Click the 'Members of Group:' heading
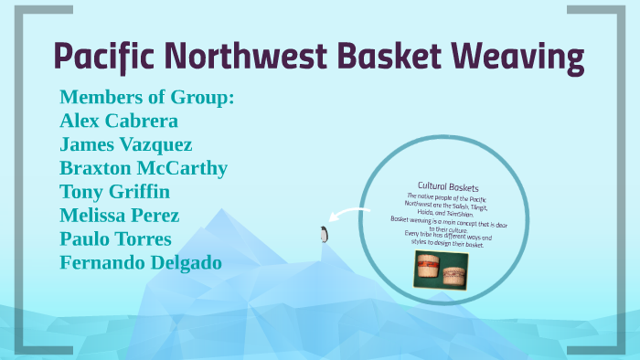[146, 97]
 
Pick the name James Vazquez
[126, 144]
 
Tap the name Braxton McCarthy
[144, 168]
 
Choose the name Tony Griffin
[115, 192]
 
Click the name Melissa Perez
[120, 216]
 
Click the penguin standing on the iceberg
[322, 235]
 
